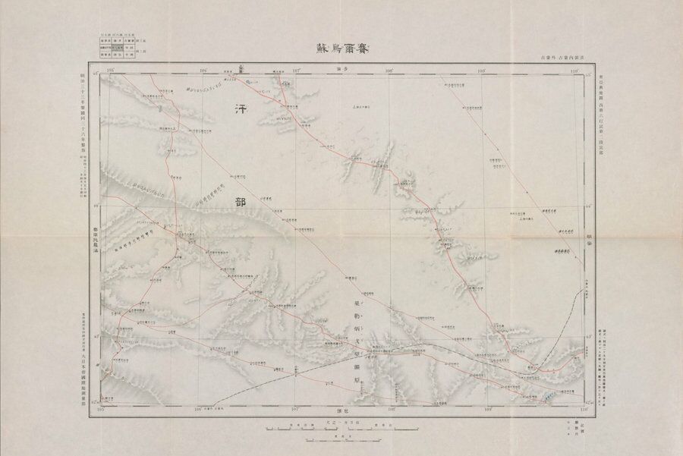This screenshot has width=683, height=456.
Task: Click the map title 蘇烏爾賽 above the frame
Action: click(341, 47)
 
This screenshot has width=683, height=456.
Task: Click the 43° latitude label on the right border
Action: click(590, 334)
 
